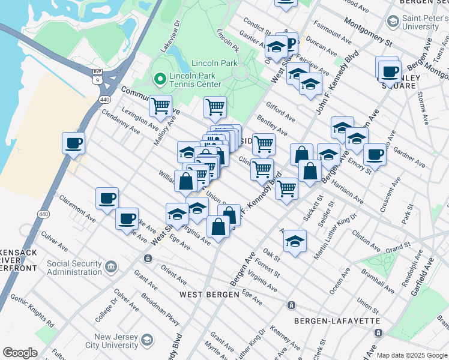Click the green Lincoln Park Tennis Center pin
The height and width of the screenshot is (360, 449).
(x=160, y=79)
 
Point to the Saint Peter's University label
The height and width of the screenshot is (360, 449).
(x=424, y=23)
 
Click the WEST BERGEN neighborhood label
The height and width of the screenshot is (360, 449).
(x=206, y=294)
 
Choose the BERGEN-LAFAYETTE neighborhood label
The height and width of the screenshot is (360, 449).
(x=337, y=321)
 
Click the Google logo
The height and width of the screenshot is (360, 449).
(x=20, y=353)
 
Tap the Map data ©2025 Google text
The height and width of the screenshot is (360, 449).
(x=412, y=355)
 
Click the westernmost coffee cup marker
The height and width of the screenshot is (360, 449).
(x=73, y=143)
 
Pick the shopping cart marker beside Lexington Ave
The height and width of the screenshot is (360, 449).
(x=160, y=106)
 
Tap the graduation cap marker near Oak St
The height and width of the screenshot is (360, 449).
(x=294, y=241)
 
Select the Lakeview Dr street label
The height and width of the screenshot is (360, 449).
(x=170, y=37)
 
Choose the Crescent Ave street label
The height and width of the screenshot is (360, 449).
(x=394, y=190)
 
